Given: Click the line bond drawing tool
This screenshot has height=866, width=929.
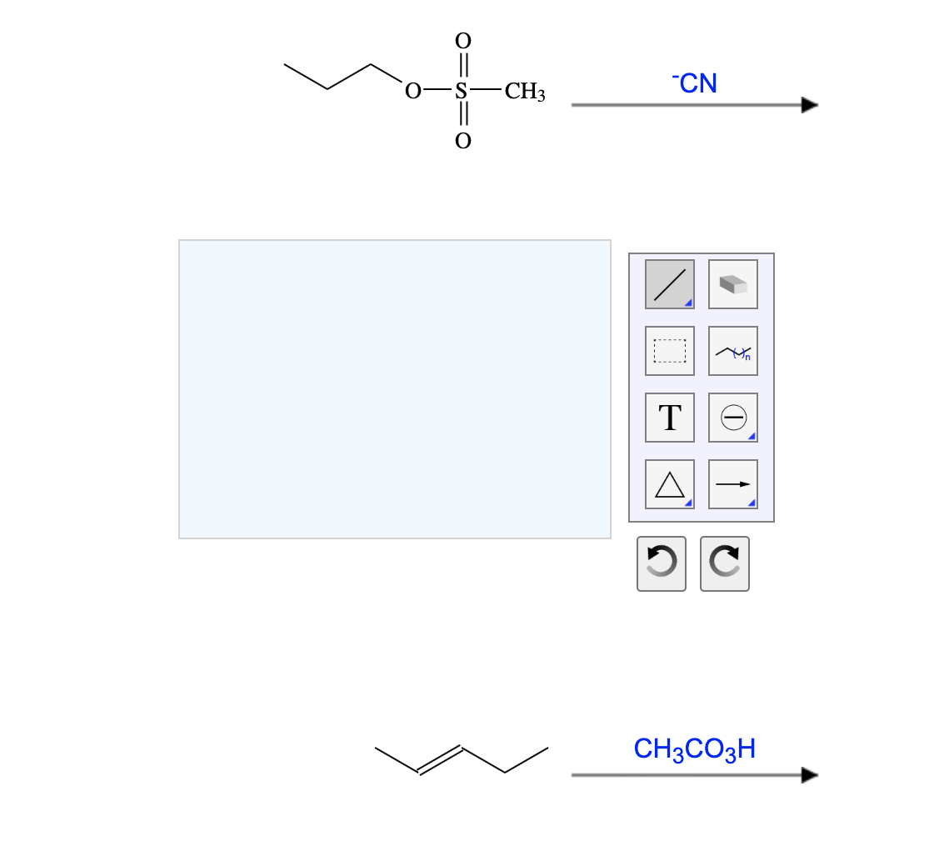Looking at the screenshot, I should click(x=669, y=284).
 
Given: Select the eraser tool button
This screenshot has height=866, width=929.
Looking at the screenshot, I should click(x=733, y=284).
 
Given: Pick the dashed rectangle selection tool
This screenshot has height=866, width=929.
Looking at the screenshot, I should click(x=669, y=351).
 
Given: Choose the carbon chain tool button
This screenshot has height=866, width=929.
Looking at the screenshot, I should click(x=733, y=351).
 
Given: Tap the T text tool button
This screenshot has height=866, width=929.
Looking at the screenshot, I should click(x=669, y=418).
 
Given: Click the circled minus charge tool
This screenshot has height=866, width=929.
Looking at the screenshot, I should click(x=733, y=418).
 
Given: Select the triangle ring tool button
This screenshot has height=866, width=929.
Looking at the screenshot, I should click(x=669, y=484).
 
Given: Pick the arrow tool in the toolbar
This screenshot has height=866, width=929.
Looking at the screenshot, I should click(x=733, y=484).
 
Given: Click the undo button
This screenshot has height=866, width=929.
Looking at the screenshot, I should click(x=661, y=563).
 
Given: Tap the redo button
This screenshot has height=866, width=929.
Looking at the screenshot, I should click(x=725, y=563).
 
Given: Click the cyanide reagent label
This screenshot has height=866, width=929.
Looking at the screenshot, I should click(x=695, y=83).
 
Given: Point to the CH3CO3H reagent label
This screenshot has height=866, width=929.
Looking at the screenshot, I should click(x=694, y=748).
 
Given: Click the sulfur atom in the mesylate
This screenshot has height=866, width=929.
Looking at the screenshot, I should click(x=462, y=91).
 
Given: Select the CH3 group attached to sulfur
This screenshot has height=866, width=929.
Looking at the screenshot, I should click(x=525, y=92).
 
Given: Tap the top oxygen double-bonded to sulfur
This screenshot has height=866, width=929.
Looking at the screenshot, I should click(x=462, y=41).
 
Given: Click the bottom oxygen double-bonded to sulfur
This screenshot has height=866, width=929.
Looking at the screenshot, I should click(x=462, y=141).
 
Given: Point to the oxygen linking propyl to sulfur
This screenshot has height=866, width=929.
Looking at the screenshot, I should click(x=412, y=91).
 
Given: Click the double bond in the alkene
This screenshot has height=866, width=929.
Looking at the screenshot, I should click(x=440, y=759).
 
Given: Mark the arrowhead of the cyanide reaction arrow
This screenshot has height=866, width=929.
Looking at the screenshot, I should click(x=810, y=105).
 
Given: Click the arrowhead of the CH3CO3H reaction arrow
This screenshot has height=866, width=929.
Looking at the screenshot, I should click(x=810, y=775).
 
